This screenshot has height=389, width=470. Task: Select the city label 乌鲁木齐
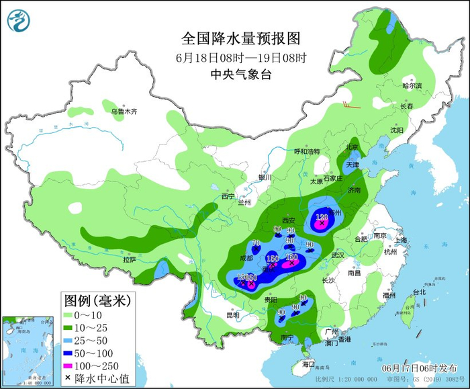tap(124, 112)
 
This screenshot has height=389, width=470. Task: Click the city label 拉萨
tap(130, 259)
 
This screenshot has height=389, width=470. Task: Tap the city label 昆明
tap(232, 315)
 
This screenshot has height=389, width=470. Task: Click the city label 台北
tap(419, 292)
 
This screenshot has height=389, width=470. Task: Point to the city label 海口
tap(308, 363)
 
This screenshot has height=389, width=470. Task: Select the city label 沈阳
tap(398, 130)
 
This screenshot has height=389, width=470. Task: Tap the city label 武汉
tap(337, 255)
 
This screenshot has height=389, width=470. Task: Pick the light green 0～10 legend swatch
tap(75, 314)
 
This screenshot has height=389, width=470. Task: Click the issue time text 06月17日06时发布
tap(418, 368)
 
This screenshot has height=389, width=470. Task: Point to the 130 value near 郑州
tap(322, 217)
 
